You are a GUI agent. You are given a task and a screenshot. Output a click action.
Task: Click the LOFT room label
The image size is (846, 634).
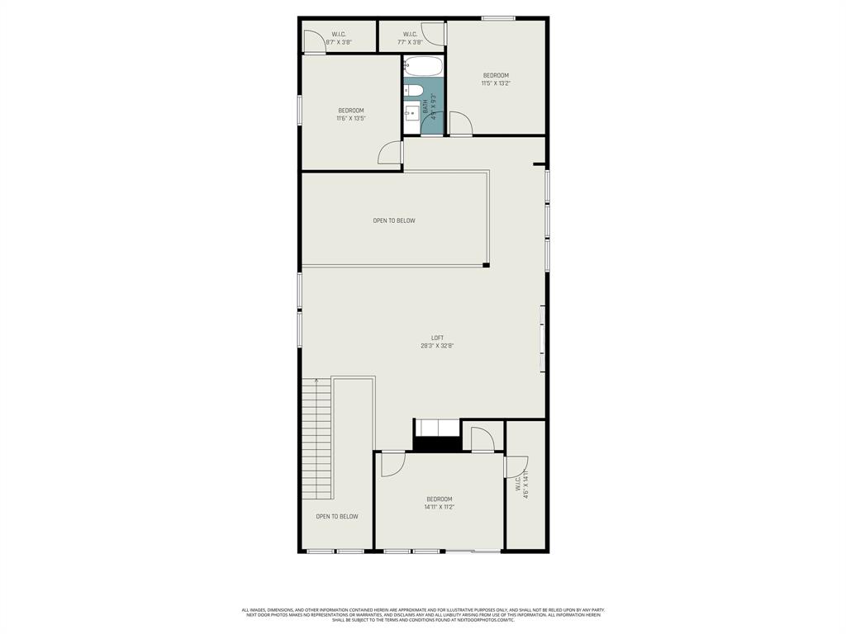(x=437, y=338)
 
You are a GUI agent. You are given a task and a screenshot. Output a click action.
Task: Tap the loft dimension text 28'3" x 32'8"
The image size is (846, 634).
(x=437, y=346)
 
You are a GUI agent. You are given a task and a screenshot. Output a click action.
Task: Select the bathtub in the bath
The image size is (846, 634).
(x=424, y=67)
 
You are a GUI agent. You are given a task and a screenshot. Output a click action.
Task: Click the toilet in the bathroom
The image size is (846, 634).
(x=413, y=90)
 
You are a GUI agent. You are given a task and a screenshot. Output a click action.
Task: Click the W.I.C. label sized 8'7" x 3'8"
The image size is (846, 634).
(x=338, y=34)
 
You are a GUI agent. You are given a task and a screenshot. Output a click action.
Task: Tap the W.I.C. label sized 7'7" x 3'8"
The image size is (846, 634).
(x=410, y=34)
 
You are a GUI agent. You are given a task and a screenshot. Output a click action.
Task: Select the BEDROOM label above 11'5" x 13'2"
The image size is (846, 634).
(x=496, y=75)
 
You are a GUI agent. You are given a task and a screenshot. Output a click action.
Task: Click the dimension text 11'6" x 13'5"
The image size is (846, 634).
(x=350, y=118)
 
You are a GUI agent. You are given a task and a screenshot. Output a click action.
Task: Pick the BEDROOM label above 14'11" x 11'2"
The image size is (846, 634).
(x=439, y=499)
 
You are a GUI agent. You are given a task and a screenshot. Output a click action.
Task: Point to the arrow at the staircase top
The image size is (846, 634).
(x=316, y=381)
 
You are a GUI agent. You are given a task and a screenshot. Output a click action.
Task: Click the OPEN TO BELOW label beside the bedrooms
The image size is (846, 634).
(x=394, y=220)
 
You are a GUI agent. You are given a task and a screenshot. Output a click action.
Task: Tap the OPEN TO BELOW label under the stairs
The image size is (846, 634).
(x=337, y=517)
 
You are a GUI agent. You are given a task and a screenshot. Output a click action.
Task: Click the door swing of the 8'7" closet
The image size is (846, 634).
(x=312, y=41)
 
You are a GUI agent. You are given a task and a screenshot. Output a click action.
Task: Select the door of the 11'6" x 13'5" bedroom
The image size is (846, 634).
(x=389, y=153)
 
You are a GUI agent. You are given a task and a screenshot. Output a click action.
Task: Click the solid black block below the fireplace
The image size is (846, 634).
(x=436, y=444)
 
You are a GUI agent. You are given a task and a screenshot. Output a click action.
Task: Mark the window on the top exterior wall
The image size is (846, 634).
(x=499, y=17)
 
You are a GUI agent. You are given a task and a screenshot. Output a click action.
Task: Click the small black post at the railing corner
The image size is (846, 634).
(x=487, y=265)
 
